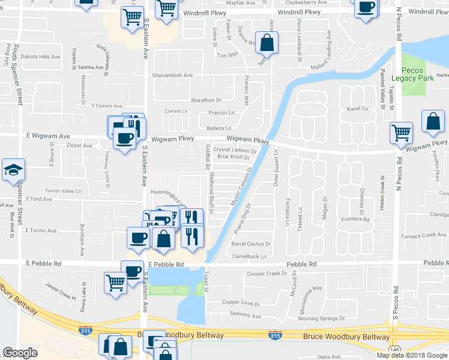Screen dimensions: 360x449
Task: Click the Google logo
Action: point(20,353)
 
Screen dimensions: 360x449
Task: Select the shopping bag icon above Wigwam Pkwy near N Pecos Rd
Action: point(433,122)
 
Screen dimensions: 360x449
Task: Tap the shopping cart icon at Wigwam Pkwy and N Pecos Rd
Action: point(401,133)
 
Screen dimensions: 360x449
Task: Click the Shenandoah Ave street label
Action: point(172,76)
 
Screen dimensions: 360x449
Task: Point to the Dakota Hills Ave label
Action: point(40,57)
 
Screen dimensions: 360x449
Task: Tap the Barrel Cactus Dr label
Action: point(252,244)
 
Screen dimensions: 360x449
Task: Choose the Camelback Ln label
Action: point(250,256)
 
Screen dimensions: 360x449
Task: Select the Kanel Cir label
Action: point(357,109)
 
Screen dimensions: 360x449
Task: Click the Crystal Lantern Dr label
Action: point(235,150)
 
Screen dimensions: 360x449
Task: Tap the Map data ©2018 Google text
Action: point(412,355)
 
